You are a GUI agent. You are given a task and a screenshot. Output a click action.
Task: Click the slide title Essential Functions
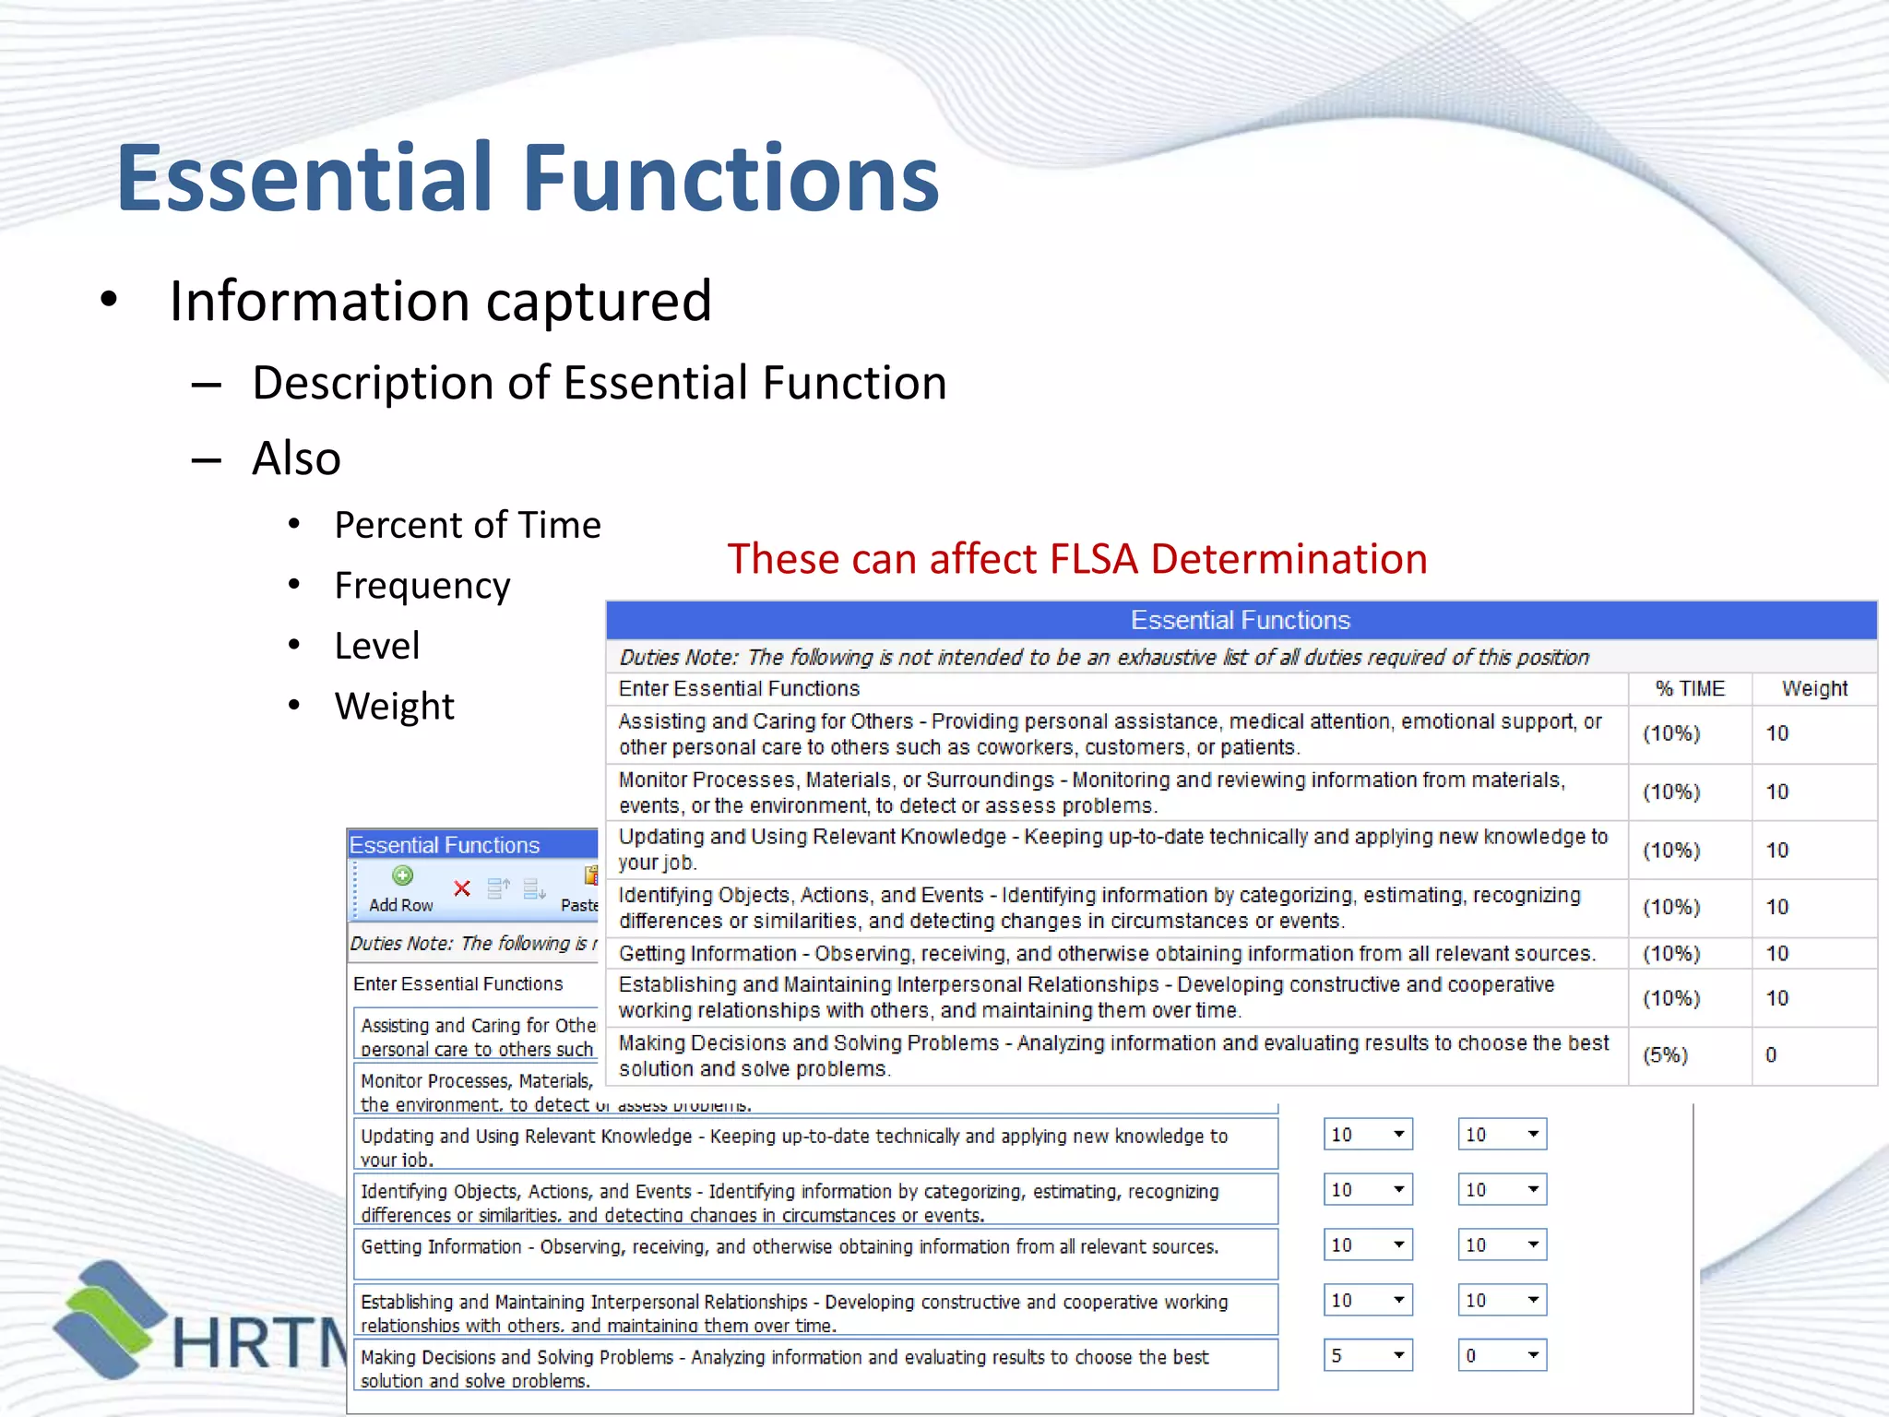[x=528, y=178]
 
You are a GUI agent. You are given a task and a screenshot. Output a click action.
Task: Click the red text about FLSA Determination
[x=1076, y=559]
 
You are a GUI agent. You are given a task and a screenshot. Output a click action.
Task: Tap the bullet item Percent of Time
[x=467, y=525]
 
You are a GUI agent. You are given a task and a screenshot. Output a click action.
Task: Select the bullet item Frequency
[x=422, y=586]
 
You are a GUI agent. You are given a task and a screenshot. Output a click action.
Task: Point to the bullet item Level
[x=376, y=646]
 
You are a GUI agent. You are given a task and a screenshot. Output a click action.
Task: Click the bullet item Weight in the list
[x=394, y=707]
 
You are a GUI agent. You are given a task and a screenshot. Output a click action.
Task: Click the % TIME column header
[x=1689, y=689]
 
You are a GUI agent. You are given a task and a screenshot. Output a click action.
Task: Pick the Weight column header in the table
[x=1813, y=689]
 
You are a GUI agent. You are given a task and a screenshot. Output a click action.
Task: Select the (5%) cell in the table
[x=1665, y=1055]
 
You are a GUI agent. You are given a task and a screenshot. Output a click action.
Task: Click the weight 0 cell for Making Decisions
[x=1771, y=1055]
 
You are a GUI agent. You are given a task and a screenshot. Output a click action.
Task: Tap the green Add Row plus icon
[x=402, y=876]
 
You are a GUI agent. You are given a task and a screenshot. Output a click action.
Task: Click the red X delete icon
[x=462, y=888]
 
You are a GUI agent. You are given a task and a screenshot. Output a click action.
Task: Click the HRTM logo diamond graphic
[x=109, y=1319]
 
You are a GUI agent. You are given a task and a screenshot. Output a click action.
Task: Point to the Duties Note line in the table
[x=1103, y=658]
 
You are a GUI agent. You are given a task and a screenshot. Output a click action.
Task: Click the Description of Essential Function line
[x=599, y=384]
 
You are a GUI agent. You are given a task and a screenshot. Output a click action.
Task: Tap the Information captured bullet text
[x=440, y=302]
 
